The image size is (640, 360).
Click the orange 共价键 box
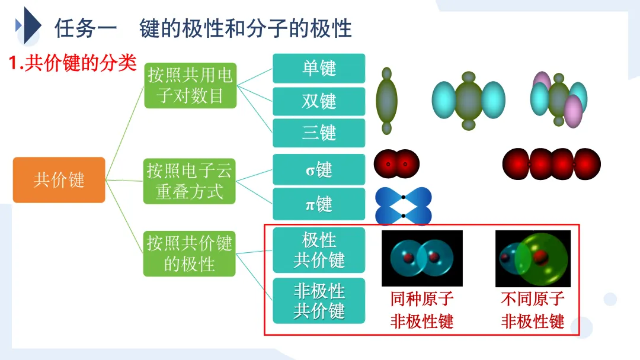click(59, 180)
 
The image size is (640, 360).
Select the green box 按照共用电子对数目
click(190, 85)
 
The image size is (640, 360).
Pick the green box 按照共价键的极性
click(190, 253)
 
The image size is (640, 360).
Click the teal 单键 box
click(319, 68)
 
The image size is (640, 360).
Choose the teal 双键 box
click(319, 101)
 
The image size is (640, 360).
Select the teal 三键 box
click(319, 133)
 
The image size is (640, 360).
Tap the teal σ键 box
click(319, 170)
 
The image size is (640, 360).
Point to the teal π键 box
click(319, 204)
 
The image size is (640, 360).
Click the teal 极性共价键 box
click(319, 250)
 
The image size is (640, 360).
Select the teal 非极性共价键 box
click(319, 301)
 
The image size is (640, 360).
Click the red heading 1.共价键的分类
click(73, 63)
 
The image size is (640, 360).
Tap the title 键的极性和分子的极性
click(245, 28)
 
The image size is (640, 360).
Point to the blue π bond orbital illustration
click(403, 205)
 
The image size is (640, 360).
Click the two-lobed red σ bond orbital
click(396, 164)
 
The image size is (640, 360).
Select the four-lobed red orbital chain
click(551, 164)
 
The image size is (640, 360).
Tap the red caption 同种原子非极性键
click(421, 310)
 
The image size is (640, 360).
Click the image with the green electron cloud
click(533, 258)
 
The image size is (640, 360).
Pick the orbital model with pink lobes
click(558, 98)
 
